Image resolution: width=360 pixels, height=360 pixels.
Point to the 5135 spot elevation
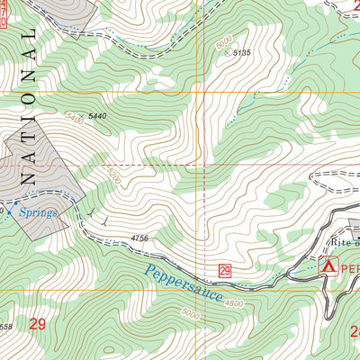point(240,54)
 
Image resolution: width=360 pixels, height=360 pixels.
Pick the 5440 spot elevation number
point(97,117)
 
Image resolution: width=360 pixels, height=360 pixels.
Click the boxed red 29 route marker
point(224,270)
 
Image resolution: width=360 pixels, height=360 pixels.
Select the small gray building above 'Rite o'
point(355,224)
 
